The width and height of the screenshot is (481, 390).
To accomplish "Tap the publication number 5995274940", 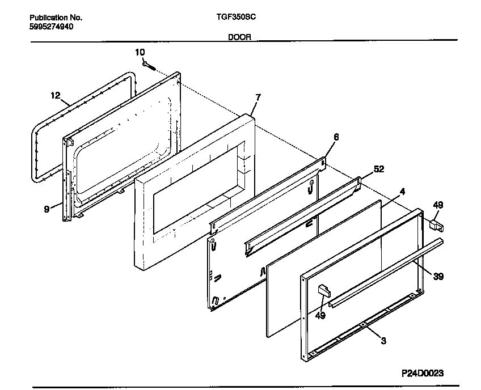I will pos(51,27).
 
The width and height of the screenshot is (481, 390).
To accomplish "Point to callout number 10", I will pos(140,52).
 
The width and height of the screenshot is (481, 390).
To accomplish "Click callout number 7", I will pos(258,97).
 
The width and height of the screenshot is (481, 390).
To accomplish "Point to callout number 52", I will pos(379,169).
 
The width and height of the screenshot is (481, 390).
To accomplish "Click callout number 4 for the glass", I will pos(402,191).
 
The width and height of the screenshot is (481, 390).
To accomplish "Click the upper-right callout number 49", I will pos(438,205).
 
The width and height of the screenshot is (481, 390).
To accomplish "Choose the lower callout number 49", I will pos(320,316).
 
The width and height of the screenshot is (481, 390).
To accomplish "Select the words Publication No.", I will pos(52,18).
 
